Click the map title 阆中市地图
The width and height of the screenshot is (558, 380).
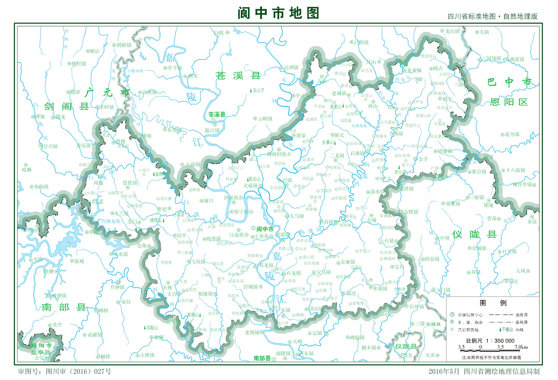[x=278, y=13]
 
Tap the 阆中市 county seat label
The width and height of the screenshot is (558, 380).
[x=265, y=229]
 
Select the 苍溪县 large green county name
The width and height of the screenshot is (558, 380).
[x=238, y=76]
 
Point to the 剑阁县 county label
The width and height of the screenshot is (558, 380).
[x=67, y=107]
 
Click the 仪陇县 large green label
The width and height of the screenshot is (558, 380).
[x=474, y=234]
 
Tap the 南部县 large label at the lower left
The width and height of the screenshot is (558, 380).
[x=64, y=307]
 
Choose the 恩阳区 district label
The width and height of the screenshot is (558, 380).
[x=509, y=102]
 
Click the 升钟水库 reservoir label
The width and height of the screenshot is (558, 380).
[x=111, y=221]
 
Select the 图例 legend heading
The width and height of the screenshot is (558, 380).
[x=493, y=303]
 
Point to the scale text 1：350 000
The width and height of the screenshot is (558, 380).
[x=504, y=341]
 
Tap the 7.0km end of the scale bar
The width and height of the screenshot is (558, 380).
[x=521, y=347]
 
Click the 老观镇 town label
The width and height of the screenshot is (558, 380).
[x=339, y=93]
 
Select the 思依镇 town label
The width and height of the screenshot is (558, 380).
[x=130, y=183]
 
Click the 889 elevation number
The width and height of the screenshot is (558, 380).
[x=419, y=79]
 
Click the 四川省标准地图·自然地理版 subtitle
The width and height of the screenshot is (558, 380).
[x=493, y=17]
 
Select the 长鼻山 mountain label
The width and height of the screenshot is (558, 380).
[x=328, y=142]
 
